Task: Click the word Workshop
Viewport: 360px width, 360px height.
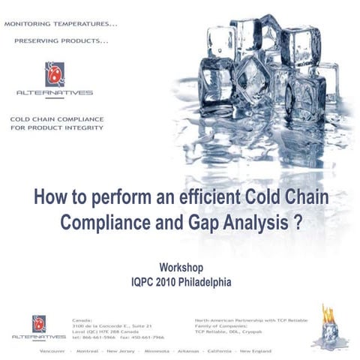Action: (181, 268)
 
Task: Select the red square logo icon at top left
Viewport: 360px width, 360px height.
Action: (53, 73)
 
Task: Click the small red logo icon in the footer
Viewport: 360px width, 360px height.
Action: (39, 322)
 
